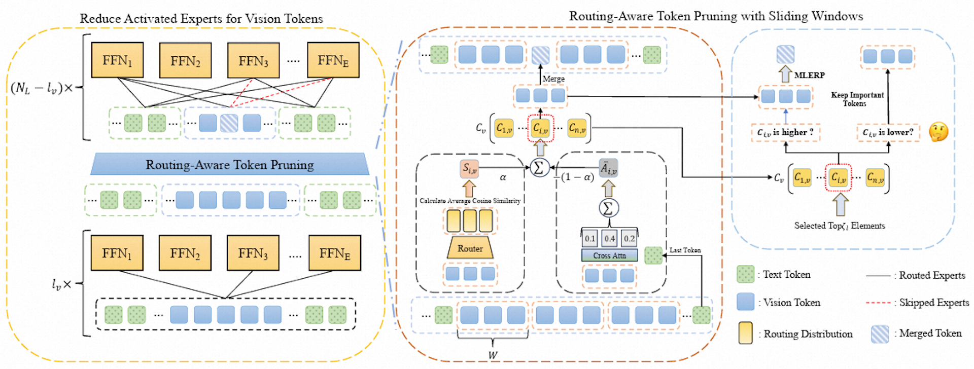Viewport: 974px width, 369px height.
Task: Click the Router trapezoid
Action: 470,248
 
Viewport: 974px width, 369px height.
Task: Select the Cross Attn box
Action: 609,255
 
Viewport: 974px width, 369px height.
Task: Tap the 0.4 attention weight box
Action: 609,238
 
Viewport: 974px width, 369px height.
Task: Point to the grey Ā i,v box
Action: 608,168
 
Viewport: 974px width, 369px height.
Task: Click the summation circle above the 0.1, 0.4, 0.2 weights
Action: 608,208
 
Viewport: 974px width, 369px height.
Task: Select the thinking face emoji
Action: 938,132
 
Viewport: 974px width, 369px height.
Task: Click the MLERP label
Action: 809,75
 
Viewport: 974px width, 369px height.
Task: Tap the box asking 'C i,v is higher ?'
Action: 785,132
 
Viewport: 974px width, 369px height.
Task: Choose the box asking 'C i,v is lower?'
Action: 888,132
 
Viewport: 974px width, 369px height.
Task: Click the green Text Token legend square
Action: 745,274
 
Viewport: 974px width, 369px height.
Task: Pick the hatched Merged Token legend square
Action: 880,334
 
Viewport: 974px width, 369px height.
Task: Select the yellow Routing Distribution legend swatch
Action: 745,333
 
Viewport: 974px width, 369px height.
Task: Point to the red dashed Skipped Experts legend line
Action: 878,303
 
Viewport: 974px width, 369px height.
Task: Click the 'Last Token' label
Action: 685,250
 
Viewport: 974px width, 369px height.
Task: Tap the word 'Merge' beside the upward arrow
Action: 553,79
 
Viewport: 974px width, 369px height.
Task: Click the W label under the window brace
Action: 493,355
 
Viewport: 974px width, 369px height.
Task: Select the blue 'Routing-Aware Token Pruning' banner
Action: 230,164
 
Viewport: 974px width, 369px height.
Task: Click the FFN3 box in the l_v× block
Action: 253,253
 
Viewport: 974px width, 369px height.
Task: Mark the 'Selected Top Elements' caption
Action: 840,226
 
